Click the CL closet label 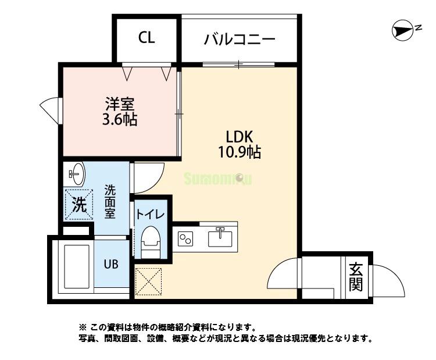146,38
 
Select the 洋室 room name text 120,105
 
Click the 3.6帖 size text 120,120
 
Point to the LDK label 239,137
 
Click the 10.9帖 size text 239,152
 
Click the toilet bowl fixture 151,239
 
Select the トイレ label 151,213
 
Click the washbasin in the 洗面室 76,173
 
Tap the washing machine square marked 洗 78,205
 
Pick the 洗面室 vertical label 109,201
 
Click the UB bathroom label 111,263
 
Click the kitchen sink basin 220,238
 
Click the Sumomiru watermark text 218,179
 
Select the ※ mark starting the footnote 83,327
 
